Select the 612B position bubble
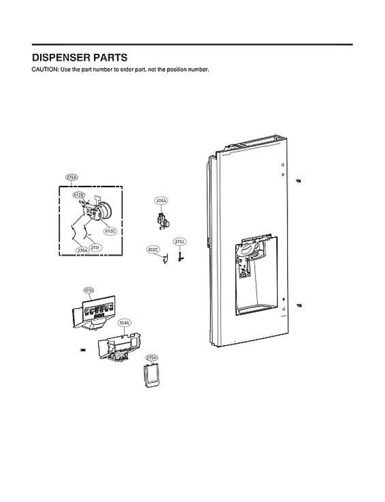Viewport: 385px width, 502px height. (79, 195)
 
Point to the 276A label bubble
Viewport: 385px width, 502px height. (82, 250)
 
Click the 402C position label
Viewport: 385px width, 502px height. (153, 250)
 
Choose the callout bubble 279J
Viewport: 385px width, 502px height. (180, 242)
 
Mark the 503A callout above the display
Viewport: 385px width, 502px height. (89, 290)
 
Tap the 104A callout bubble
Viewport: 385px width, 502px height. (124, 323)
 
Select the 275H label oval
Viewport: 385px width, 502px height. (152, 359)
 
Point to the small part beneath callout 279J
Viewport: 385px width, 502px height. (180, 255)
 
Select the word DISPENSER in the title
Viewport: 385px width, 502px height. (58, 57)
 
